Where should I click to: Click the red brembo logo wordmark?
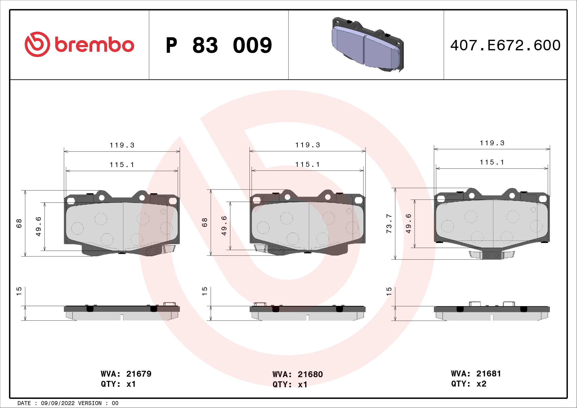[x=93, y=45]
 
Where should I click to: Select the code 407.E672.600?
[x=505, y=45]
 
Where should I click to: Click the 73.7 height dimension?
[x=389, y=224]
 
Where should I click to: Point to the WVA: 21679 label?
[x=126, y=374]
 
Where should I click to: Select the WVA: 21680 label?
[x=298, y=374]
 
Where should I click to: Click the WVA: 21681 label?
[x=476, y=373]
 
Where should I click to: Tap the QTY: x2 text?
[x=469, y=384]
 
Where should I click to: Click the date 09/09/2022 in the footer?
[x=57, y=403]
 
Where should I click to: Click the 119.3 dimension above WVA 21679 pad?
[x=122, y=145]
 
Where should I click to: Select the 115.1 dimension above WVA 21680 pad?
[x=308, y=165]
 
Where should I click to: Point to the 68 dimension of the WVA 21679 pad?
[x=19, y=223]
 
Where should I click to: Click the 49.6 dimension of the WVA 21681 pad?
[x=408, y=223]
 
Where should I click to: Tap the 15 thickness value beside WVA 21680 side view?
[x=205, y=291]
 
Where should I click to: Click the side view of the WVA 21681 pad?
[x=492, y=313]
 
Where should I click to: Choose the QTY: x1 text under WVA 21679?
[x=118, y=384]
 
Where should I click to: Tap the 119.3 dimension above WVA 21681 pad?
[x=492, y=143]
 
